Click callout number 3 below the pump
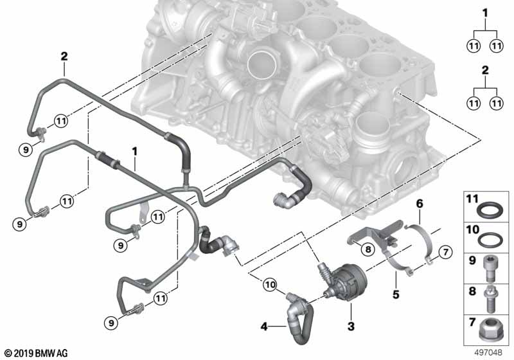click(351, 327)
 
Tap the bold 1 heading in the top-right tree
click(485, 12)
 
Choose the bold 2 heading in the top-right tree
click(485, 69)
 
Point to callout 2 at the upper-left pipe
click(64, 56)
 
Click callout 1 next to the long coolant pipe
click(135, 151)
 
